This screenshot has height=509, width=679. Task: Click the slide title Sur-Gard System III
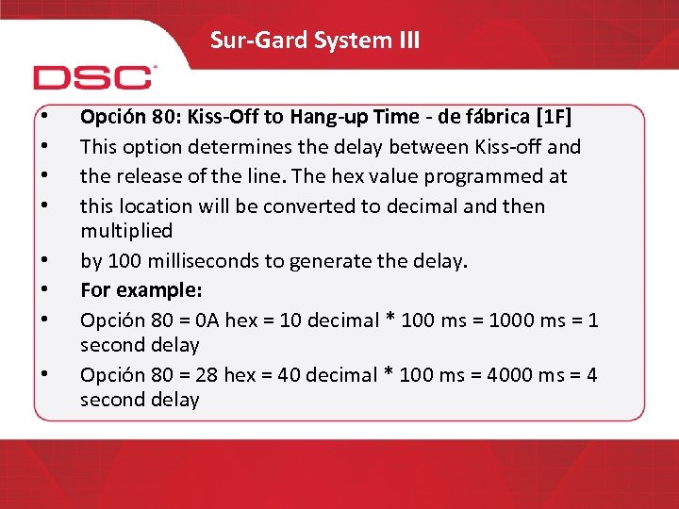tap(315, 41)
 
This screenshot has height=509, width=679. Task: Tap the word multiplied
tap(126, 230)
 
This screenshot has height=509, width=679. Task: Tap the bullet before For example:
tap(46, 289)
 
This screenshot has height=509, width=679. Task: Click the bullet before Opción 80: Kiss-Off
tap(46, 117)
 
